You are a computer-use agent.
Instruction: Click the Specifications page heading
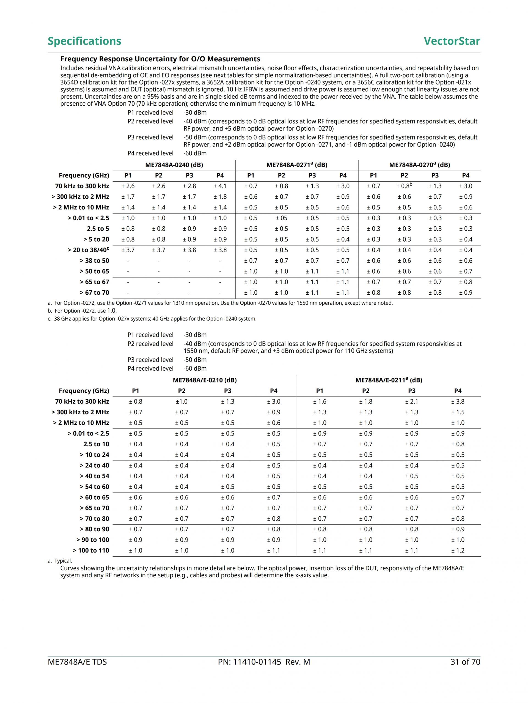pyautogui.click(x=84, y=41)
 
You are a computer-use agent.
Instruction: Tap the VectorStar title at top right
pyautogui.click(x=452, y=41)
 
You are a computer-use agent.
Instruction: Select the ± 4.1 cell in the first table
pyautogui.click(x=220, y=186)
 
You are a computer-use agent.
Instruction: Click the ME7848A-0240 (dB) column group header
pyautogui.click(x=174, y=165)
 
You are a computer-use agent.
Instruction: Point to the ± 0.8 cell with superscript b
pyautogui.click(x=404, y=186)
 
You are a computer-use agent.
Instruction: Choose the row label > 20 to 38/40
pyautogui.click(x=88, y=250)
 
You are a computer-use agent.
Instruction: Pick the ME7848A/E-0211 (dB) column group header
pyautogui.click(x=389, y=380)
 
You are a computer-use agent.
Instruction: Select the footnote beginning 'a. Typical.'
pyautogui.click(x=60, y=561)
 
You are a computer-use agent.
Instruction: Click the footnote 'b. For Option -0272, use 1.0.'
pyautogui.click(x=82, y=310)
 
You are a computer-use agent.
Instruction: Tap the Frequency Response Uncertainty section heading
pyautogui.click(x=160, y=59)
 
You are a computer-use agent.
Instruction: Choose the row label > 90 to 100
pyautogui.click(x=92, y=540)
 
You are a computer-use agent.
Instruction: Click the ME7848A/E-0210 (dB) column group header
pyautogui.click(x=205, y=380)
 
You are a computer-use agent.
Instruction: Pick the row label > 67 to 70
pyautogui.click(x=94, y=292)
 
